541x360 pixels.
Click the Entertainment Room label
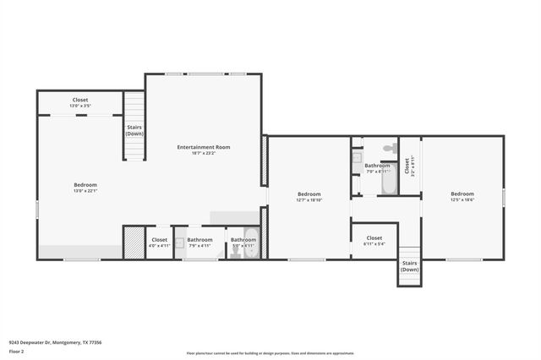click(x=203, y=150)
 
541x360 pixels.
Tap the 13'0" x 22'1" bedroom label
click(x=85, y=188)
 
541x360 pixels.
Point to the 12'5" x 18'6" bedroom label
click(x=462, y=196)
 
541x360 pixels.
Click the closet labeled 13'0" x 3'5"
click(x=80, y=102)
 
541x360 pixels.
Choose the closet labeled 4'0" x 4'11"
click(x=159, y=242)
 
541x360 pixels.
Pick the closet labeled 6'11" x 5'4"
click(x=374, y=240)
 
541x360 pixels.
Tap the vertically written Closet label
click(x=408, y=166)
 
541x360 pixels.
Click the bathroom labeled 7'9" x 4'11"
click(x=200, y=242)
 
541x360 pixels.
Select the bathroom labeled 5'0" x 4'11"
click(x=243, y=242)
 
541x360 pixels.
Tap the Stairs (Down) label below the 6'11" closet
click(x=409, y=266)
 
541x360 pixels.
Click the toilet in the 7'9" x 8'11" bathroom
click(x=390, y=147)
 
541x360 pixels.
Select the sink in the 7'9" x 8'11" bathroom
click(x=357, y=157)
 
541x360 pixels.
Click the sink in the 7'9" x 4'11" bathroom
click(x=179, y=242)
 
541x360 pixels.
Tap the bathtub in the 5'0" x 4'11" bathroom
click(x=252, y=243)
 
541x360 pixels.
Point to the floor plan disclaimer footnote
click(x=270, y=353)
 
